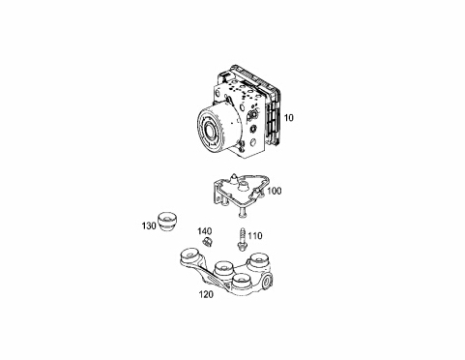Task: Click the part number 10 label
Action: coord(289,118)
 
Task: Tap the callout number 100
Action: coord(275,191)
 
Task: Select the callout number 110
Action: coord(255,236)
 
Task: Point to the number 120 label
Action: coord(206,294)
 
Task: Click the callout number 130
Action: coord(149,225)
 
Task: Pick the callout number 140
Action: coord(205,231)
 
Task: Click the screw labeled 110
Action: coord(242,239)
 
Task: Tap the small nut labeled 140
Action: coord(207,242)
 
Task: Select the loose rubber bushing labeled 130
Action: coord(167,222)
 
